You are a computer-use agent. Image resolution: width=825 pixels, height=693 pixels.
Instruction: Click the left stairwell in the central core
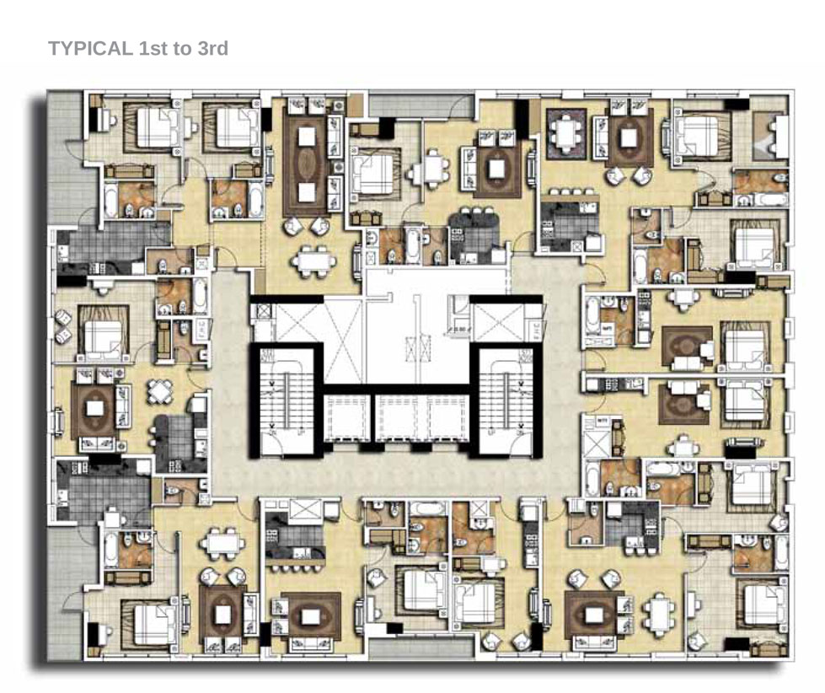(285, 400)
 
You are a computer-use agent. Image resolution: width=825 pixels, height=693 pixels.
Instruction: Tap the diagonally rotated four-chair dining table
(161, 391)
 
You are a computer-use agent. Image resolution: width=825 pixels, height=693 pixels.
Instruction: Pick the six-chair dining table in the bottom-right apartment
(658, 609)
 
